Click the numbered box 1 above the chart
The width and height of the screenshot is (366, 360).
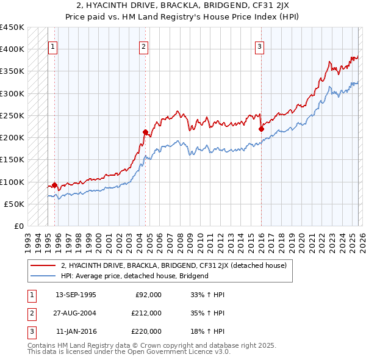(x=53, y=46)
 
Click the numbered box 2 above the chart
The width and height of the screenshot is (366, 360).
(x=143, y=46)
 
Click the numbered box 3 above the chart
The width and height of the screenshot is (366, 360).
(x=259, y=46)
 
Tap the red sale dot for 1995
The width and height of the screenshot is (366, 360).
(x=54, y=185)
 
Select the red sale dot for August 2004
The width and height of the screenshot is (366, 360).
(x=145, y=132)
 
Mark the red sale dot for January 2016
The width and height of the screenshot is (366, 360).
(x=260, y=129)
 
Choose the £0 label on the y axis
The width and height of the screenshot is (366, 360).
(x=18, y=226)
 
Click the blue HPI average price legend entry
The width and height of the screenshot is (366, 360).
(x=135, y=276)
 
